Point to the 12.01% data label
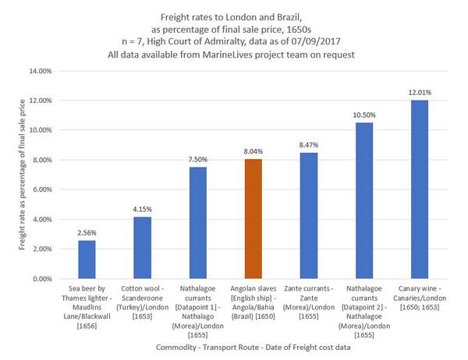pyautogui.click(x=419, y=93)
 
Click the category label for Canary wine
pyautogui.click(x=419, y=301)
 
